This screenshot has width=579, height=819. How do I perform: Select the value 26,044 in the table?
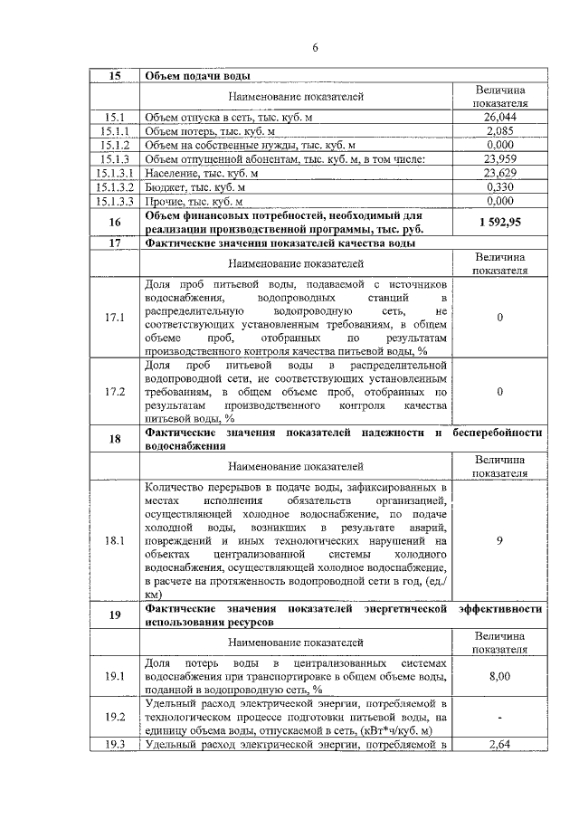499,118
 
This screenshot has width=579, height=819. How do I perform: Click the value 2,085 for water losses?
499,131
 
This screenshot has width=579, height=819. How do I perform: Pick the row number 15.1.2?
115,145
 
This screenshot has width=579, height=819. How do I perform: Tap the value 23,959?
499,159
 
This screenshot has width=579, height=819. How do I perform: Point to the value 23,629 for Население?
499,173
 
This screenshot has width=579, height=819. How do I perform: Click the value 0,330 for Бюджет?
499,186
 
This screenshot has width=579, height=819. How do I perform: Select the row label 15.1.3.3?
115,201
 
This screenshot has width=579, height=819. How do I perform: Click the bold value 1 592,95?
499,222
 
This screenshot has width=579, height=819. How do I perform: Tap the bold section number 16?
115,222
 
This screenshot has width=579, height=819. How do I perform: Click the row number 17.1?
115,318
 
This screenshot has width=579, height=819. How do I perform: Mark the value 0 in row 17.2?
499,392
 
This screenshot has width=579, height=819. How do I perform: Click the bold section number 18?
115,440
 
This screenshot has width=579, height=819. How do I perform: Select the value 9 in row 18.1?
499,541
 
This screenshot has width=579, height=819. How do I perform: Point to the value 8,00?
499,675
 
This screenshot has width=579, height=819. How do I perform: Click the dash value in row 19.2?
499,717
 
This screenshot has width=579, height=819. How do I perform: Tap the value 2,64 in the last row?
499,745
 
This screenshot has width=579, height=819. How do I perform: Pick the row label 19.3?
115,745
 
